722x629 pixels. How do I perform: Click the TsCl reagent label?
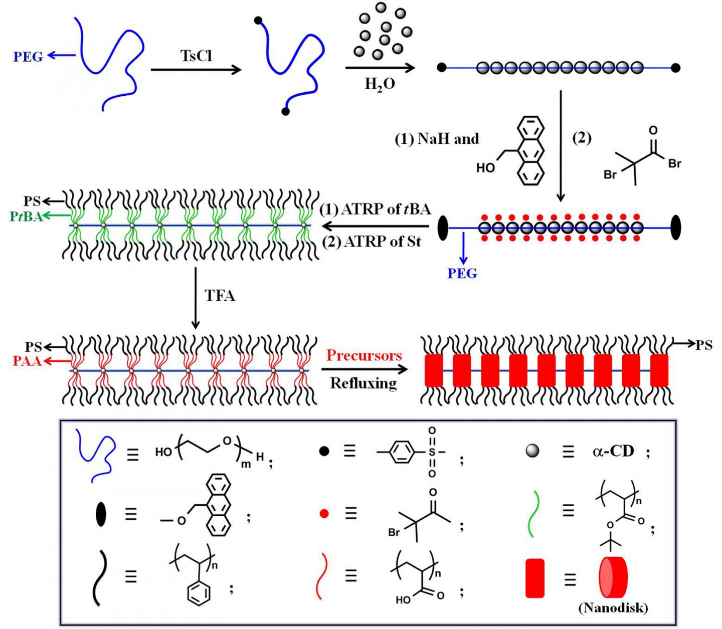point(196,55)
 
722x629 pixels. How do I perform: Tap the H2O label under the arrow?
point(380,84)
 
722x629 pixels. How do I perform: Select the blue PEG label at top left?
point(28,57)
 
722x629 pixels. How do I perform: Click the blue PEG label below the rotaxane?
point(462,274)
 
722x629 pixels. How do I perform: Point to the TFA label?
point(220,296)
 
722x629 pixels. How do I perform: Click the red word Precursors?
point(364,355)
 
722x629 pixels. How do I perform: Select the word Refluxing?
point(364,383)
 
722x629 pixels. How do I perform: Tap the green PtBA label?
point(26,217)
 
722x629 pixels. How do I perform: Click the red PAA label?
point(27,361)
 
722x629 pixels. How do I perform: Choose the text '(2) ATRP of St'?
point(372,242)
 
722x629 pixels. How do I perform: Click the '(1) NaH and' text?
point(437,139)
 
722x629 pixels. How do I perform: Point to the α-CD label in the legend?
point(613,452)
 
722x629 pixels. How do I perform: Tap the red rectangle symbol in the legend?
point(534,579)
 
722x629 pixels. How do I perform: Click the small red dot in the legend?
point(324,514)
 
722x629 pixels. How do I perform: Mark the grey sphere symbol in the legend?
point(532,452)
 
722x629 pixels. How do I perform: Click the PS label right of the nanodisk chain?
point(703,344)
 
